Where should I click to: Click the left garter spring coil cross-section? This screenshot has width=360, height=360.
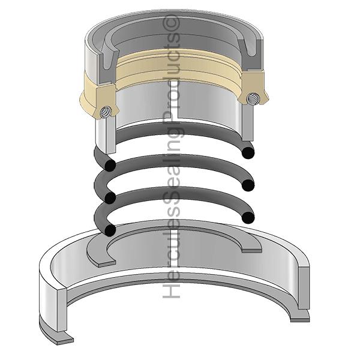click(x=105, y=113)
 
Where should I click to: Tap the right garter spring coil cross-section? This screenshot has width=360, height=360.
click(x=253, y=98)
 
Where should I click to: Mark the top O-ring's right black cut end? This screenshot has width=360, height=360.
click(x=248, y=152)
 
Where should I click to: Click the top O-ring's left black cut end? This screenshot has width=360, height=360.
click(x=110, y=165)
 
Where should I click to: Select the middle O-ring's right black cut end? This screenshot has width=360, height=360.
click(x=248, y=185)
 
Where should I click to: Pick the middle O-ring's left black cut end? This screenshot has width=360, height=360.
click(x=110, y=197)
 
